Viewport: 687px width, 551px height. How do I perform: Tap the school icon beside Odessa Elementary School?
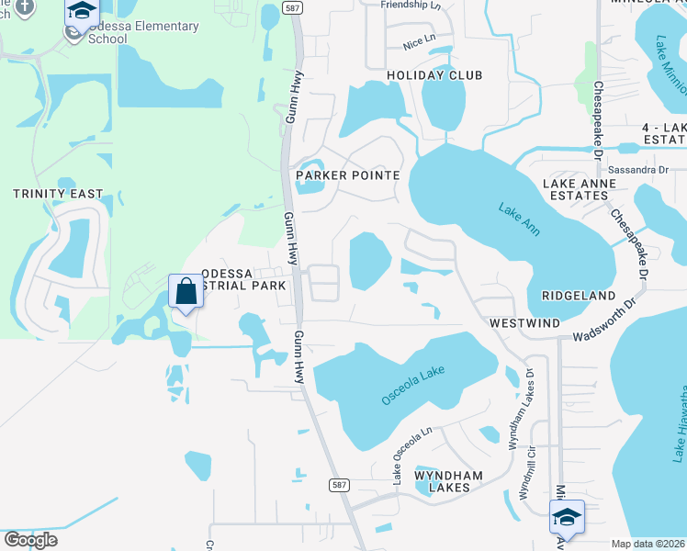(x=83, y=13)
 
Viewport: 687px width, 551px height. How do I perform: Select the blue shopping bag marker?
(x=186, y=292)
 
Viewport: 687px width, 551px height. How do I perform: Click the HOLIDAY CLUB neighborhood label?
(x=434, y=74)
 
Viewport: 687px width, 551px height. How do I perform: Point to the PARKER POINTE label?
(x=347, y=174)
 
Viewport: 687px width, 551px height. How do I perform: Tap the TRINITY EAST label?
(x=58, y=194)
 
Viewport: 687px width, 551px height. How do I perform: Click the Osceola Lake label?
(x=413, y=387)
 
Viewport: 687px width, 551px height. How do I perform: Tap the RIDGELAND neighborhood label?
(x=578, y=296)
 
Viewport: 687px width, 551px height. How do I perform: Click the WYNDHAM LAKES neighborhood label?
(x=442, y=480)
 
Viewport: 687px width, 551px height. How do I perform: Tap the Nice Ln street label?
(x=419, y=44)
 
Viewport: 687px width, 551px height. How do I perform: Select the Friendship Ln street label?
(x=412, y=5)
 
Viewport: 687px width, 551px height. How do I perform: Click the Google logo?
(x=30, y=540)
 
